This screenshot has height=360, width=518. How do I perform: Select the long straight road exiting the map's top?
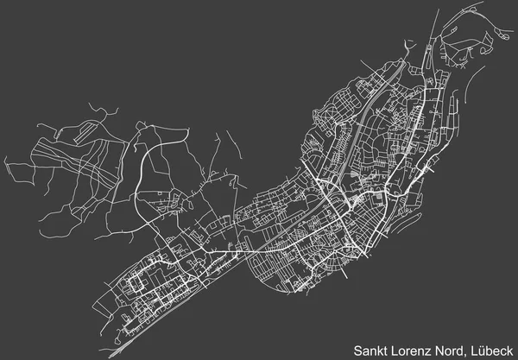pos(436,22)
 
